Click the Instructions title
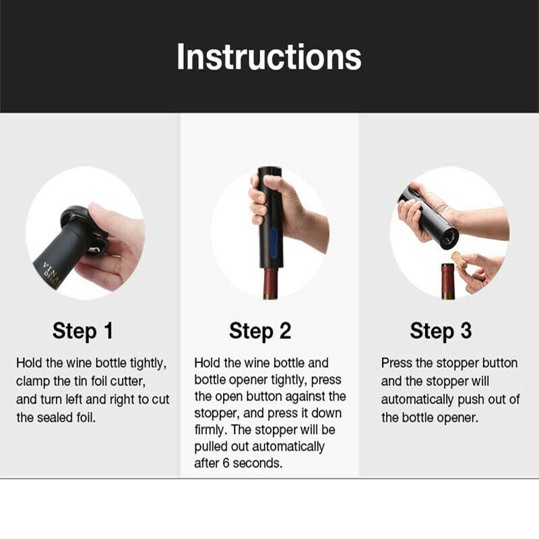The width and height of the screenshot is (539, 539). tap(269, 57)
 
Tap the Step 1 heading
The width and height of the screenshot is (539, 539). tap(83, 331)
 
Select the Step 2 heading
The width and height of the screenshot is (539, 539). tap(260, 331)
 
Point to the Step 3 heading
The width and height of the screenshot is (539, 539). tap(441, 331)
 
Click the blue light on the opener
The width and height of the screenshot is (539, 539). tap(274, 243)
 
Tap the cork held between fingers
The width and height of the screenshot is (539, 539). tap(460, 260)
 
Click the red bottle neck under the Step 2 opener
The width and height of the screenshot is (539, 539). tap(271, 283)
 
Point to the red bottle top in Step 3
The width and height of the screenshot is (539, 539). tap(447, 280)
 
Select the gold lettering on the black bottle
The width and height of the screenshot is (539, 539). tap(52, 274)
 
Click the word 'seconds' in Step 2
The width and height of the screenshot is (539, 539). tap(257, 463)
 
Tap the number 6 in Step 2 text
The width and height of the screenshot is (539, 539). tap(226, 463)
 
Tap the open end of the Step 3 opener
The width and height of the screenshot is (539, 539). tap(449, 238)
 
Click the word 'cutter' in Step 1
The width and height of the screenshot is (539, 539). tap(128, 381)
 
